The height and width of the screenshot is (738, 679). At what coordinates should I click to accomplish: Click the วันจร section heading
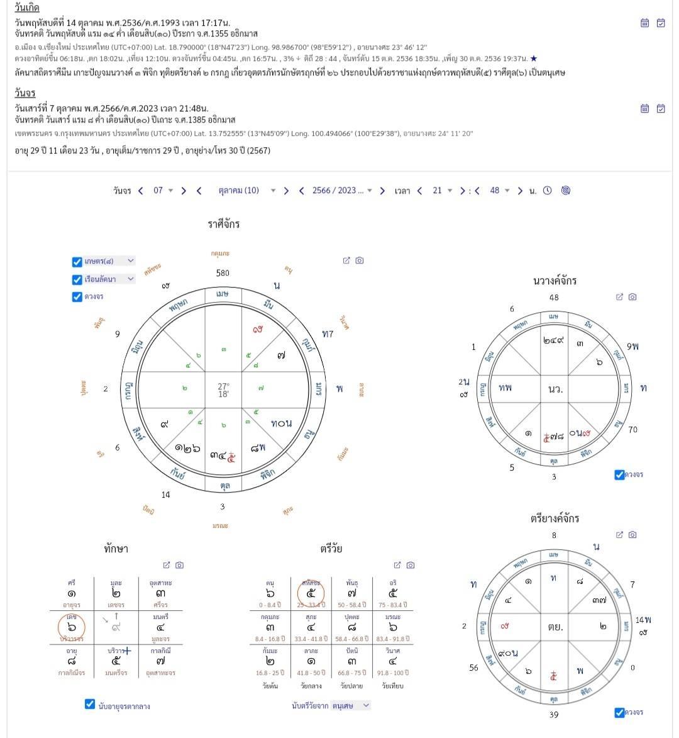coord(25,93)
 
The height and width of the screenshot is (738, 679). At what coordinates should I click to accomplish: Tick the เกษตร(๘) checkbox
coord(77,261)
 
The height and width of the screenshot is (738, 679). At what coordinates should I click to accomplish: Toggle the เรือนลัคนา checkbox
coord(77,279)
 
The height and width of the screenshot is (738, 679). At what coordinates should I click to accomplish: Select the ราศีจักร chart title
coord(224,224)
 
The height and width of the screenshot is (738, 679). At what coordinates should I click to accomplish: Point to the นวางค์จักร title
coord(555,281)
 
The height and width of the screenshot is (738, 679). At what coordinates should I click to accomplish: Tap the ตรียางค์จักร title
coord(555,518)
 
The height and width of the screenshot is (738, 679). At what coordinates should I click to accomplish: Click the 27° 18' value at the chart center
coord(223,390)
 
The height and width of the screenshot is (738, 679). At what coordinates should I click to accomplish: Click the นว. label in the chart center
coord(555,389)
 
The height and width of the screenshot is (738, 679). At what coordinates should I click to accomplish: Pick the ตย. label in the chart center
coord(555,627)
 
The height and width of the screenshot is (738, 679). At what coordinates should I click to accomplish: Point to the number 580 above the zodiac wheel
coord(223,273)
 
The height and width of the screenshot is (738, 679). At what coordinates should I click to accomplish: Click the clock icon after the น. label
coord(547,191)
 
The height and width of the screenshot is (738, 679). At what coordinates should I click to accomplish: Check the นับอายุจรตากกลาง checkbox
coord(90,704)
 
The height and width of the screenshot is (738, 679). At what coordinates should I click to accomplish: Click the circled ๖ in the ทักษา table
coord(72,627)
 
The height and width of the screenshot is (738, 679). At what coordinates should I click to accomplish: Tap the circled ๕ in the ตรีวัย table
coord(311,593)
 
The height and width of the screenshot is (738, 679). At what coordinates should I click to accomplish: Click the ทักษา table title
coord(116,549)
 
